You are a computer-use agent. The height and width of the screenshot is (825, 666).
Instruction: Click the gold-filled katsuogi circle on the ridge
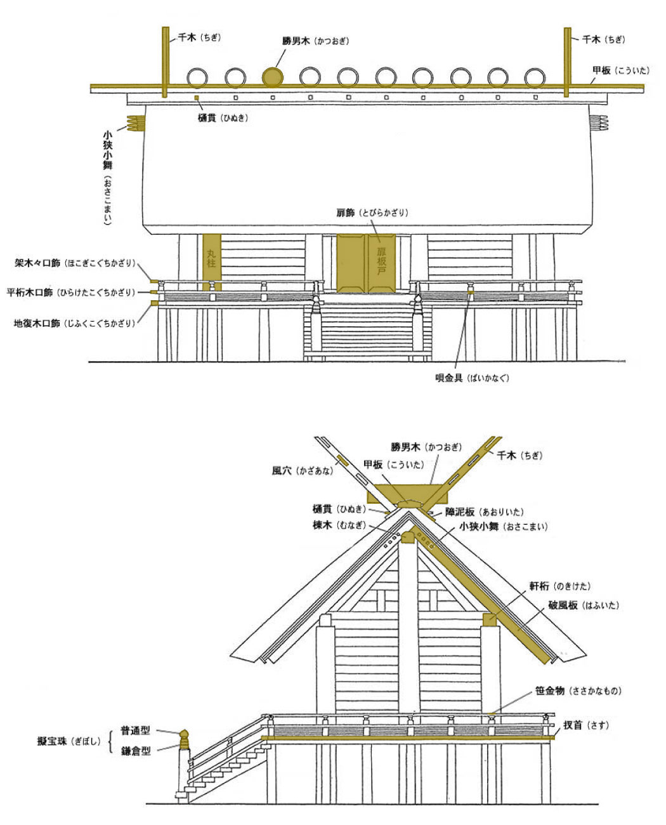(x=273, y=77)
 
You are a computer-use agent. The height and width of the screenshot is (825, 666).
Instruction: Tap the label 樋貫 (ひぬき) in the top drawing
(x=222, y=117)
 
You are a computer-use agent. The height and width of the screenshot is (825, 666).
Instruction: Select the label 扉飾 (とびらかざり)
(x=372, y=213)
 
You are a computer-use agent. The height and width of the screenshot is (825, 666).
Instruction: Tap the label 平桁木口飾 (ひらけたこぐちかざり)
(x=71, y=293)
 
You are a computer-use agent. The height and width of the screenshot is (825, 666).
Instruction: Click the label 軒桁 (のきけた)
(x=559, y=586)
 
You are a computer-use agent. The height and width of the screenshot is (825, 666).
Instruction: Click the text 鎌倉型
(x=136, y=751)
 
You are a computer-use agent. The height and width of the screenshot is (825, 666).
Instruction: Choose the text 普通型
(x=136, y=731)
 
